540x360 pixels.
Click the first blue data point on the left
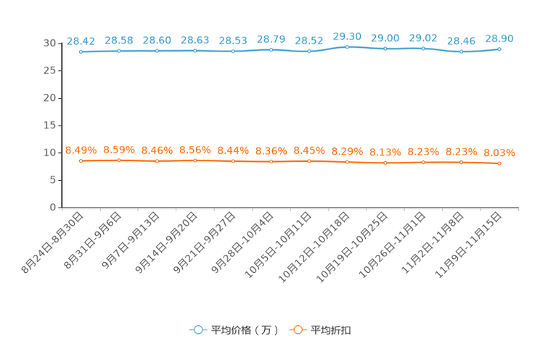pyautogui.click(x=81, y=52)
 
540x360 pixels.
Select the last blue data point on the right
pyautogui.click(x=499, y=49)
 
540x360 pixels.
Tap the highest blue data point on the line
pyautogui.click(x=348, y=46)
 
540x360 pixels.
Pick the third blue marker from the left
pyautogui.click(x=157, y=51)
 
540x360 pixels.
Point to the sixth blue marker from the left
pyautogui.click(x=271, y=49)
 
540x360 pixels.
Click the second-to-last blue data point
pyautogui.click(x=462, y=52)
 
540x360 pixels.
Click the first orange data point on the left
pyautogui.click(x=81, y=160)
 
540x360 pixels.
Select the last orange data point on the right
pyautogui.click(x=499, y=163)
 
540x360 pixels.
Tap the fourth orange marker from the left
pyautogui.click(x=195, y=160)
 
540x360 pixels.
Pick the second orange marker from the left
pyautogui.click(x=119, y=160)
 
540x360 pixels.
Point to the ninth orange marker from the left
pyautogui.click(x=385, y=162)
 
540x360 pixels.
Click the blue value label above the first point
pyautogui.click(x=81, y=41)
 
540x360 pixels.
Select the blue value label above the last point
pyautogui.click(x=499, y=38)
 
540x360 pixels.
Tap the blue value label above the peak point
pyautogui.click(x=348, y=36)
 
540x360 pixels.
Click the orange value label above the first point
pyautogui.click(x=81, y=150)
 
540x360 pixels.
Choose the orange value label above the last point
pyautogui.click(x=499, y=152)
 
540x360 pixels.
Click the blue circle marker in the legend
pyautogui.click(x=197, y=330)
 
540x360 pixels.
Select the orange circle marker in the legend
pyautogui.click(x=297, y=330)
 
